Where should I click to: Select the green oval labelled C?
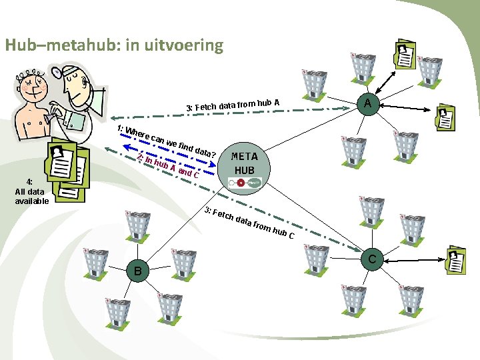pyautogui.click(x=373, y=258)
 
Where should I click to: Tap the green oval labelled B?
pyautogui.click(x=137, y=271)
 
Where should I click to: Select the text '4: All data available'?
pyautogui.click(x=31, y=191)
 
